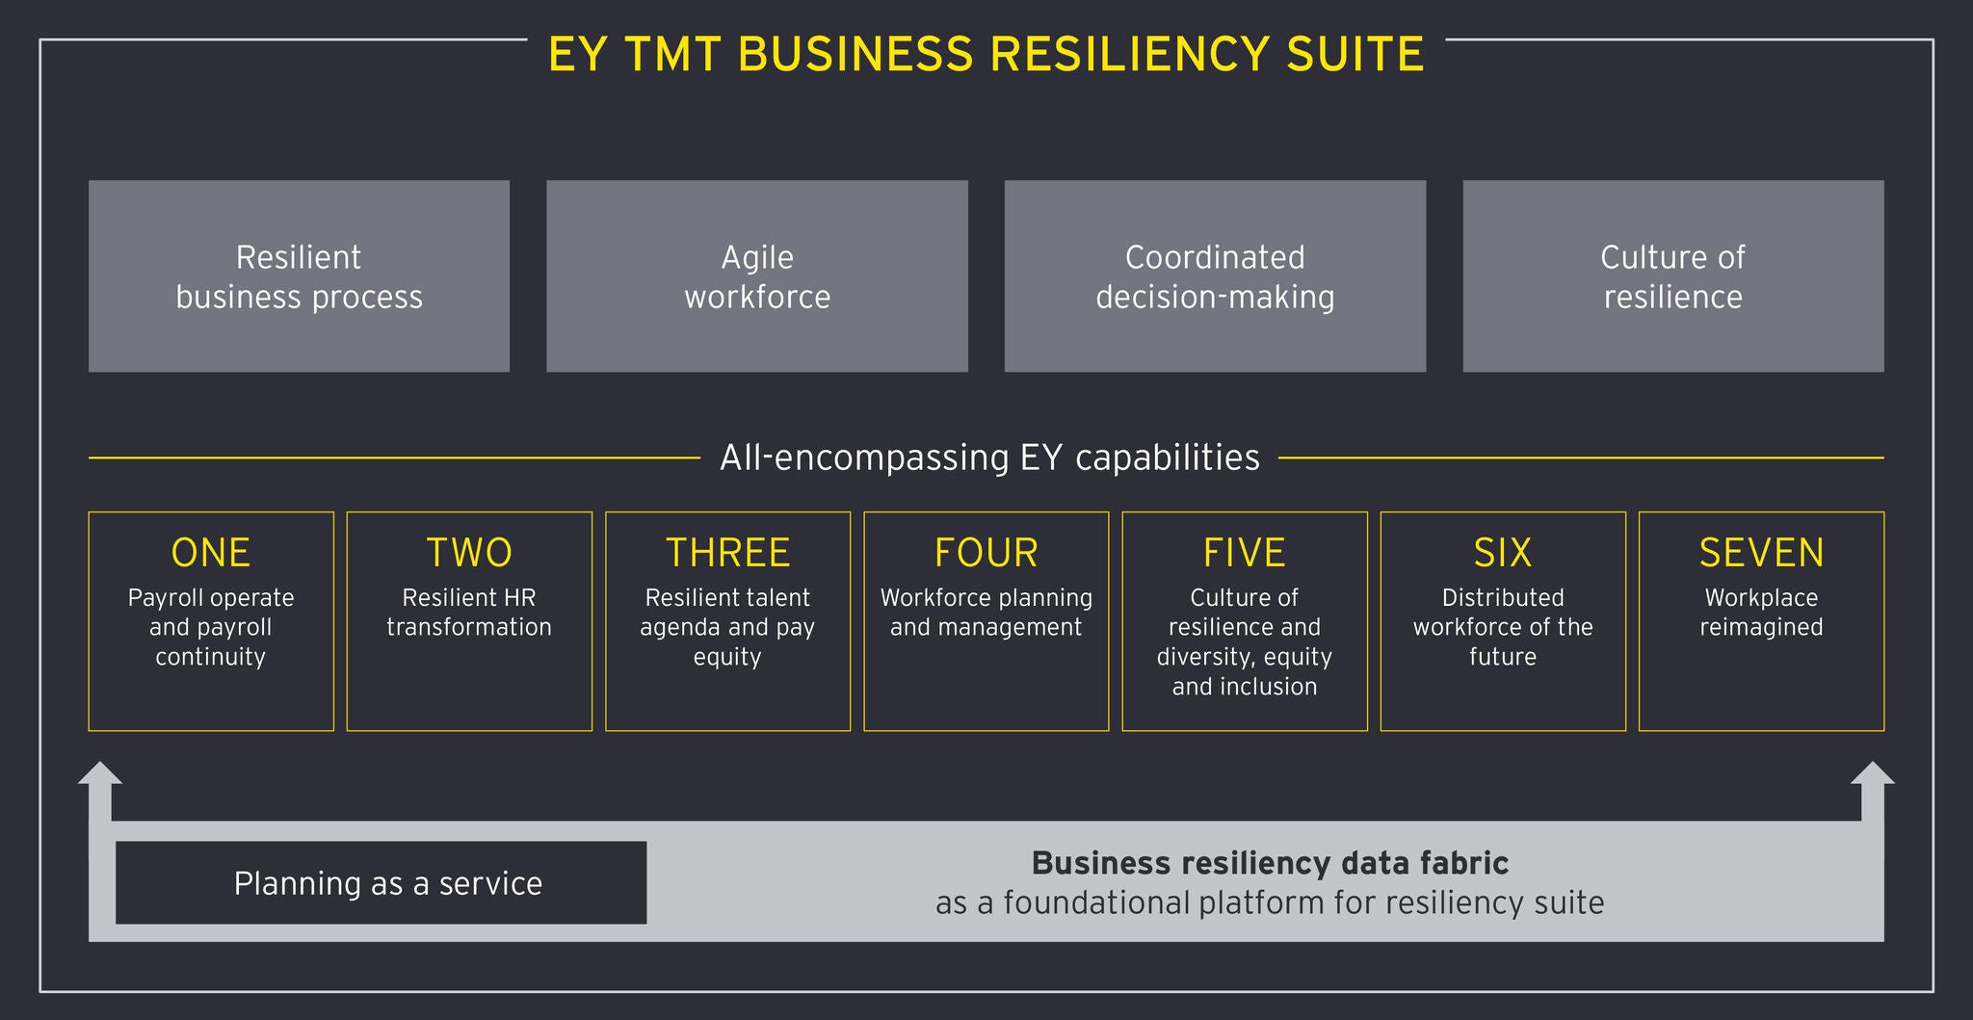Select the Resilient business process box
[299, 276]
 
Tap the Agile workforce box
[757, 276]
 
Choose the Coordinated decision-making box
[1215, 276]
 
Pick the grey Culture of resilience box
[1672, 276]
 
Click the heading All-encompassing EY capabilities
[989, 458]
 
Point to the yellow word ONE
[211, 553]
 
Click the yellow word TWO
[469, 553]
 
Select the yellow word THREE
[727, 553]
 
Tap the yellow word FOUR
[986, 553]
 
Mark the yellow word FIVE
[1244, 553]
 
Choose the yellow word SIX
[1502, 553]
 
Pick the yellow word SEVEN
[1761, 553]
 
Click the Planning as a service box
[381, 883]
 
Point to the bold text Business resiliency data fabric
[1270, 863]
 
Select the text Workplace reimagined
[1761, 613]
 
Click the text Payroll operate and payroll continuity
[211, 627]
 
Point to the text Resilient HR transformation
[469, 613]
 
